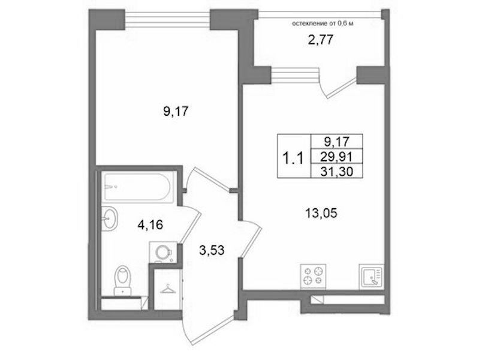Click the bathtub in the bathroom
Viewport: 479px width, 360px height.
(137, 187)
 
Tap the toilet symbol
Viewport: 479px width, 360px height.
(122, 280)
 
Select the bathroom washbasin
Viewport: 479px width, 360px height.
(109, 218)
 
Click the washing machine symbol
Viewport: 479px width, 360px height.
(163, 253)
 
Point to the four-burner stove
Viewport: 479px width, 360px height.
(313, 276)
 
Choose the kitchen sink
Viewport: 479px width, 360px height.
(371, 276)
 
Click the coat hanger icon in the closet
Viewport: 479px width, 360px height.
(168, 289)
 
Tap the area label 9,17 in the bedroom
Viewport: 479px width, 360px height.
(176, 112)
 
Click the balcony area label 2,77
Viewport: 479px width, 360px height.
(320, 40)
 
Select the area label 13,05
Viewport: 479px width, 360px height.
(321, 213)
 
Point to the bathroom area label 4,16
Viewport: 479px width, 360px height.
(150, 225)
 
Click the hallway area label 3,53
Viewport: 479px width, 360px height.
(212, 251)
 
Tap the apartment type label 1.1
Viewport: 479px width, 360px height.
(293, 159)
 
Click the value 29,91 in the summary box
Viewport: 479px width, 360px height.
(337, 157)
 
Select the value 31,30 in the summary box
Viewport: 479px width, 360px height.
(337, 172)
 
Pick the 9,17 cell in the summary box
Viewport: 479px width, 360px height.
(337, 142)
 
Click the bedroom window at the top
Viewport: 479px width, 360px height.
(167, 20)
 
